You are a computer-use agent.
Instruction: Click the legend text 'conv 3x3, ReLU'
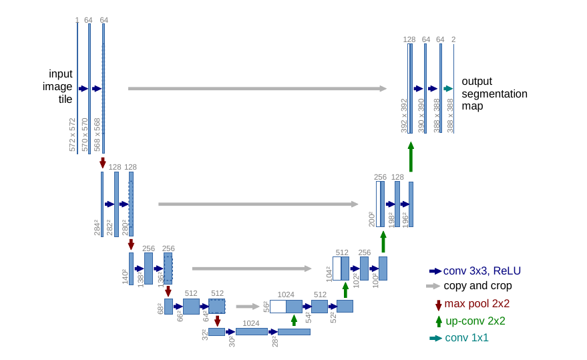click(481, 271)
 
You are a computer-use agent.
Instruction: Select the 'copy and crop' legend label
click(477, 286)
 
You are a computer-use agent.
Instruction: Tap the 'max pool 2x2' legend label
click(477, 304)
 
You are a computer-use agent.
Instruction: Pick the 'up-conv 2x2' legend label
click(475, 321)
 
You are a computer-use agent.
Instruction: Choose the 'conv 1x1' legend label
click(467, 338)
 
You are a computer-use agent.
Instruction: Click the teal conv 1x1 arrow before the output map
click(447, 88)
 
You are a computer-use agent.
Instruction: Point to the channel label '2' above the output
click(453, 39)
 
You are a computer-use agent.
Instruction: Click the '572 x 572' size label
click(73, 134)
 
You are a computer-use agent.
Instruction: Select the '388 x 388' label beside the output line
click(451, 116)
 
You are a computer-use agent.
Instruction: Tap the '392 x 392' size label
click(404, 116)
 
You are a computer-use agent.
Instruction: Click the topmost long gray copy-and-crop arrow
click(257, 88)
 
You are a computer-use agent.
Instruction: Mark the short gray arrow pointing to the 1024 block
click(247, 307)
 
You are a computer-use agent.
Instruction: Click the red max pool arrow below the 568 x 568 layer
click(103, 163)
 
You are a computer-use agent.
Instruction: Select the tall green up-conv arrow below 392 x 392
click(411, 156)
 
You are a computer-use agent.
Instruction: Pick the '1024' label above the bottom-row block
click(250, 323)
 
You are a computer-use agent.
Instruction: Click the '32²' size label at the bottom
click(205, 334)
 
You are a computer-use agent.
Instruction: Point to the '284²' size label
click(97, 227)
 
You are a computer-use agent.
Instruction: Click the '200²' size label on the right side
click(372, 219)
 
